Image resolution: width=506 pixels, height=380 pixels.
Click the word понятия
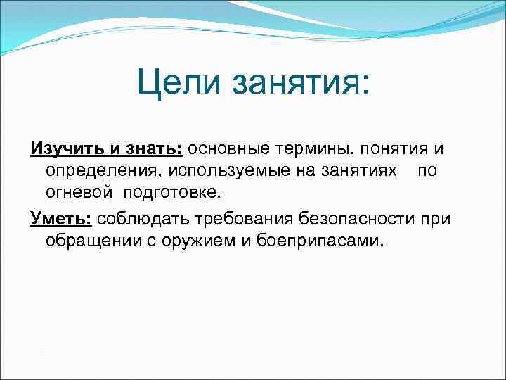pyautogui.click(x=394, y=149)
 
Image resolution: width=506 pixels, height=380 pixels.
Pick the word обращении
pyautogui.click(x=93, y=241)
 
